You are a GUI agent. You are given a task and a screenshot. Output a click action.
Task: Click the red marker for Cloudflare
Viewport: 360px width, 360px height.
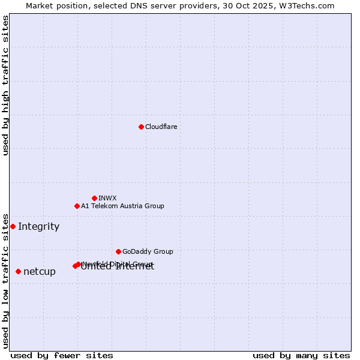pyautogui.click(x=141, y=127)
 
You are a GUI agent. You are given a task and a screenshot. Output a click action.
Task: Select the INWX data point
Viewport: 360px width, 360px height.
pyautogui.click(x=94, y=198)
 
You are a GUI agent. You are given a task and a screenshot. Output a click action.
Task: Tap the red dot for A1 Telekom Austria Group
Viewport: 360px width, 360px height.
pyautogui.click(x=77, y=206)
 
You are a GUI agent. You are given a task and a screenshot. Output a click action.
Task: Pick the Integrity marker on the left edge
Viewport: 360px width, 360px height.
pyautogui.click(x=13, y=226)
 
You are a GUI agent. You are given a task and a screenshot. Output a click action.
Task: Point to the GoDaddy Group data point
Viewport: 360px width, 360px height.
pyautogui.click(x=118, y=251)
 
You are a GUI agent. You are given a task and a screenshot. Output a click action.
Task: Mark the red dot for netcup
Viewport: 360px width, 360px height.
pyautogui.click(x=18, y=271)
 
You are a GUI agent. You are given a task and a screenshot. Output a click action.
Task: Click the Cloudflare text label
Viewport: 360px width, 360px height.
pyautogui.click(x=161, y=127)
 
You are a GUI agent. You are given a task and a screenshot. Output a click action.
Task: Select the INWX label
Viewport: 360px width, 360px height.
pyautogui.click(x=107, y=198)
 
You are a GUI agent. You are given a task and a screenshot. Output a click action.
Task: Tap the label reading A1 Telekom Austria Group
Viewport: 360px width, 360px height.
pyautogui.click(x=122, y=206)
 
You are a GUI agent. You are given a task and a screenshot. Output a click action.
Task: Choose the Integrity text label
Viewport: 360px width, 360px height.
pyautogui.click(x=38, y=226)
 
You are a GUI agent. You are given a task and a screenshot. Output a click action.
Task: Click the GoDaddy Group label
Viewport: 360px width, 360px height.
pyautogui.click(x=148, y=251)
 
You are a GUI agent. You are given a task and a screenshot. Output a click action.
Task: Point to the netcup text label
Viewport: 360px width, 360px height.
pyautogui.click(x=40, y=272)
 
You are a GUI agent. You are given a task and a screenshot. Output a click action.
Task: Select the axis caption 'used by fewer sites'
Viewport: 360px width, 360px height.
pyautogui.click(x=62, y=355)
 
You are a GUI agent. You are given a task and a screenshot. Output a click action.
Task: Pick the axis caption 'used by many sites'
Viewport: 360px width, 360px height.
pyautogui.click(x=301, y=355)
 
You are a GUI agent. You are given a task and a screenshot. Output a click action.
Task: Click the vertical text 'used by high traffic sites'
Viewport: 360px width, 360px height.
pyautogui.click(x=5, y=85)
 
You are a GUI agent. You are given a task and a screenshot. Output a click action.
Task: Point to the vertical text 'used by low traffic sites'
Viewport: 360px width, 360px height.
pyautogui.click(x=5, y=281)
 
